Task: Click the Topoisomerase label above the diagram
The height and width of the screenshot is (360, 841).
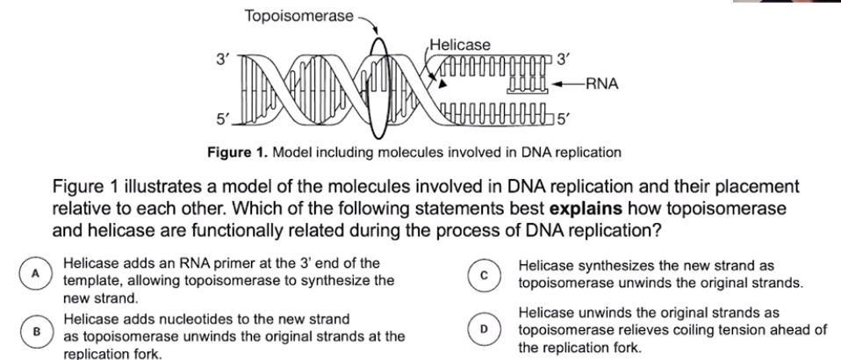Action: tap(298, 15)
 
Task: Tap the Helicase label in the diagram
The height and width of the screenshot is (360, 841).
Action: tap(459, 44)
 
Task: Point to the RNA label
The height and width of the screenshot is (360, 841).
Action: tap(603, 84)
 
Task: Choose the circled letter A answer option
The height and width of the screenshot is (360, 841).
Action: tap(36, 272)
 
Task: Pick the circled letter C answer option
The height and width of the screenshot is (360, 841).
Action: tap(483, 272)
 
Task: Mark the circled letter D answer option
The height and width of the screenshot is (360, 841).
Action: tap(483, 328)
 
